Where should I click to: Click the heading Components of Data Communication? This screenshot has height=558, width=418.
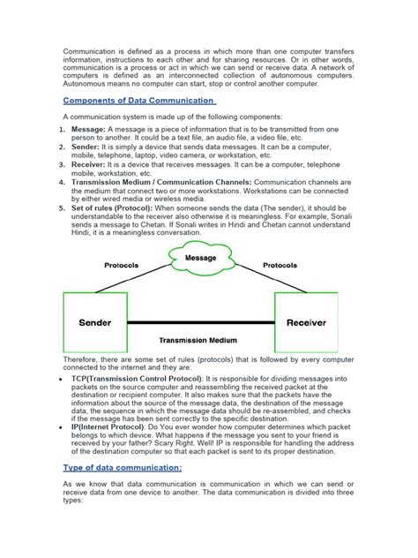pyautogui.click(x=140, y=101)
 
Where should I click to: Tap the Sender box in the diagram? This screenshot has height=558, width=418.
pyautogui.click(x=96, y=323)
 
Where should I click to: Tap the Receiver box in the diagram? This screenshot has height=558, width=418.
pyautogui.click(x=306, y=323)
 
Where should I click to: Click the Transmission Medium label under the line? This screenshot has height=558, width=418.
pyautogui.click(x=200, y=339)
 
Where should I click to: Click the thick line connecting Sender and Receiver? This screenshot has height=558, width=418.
pyautogui.click(x=200, y=325)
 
